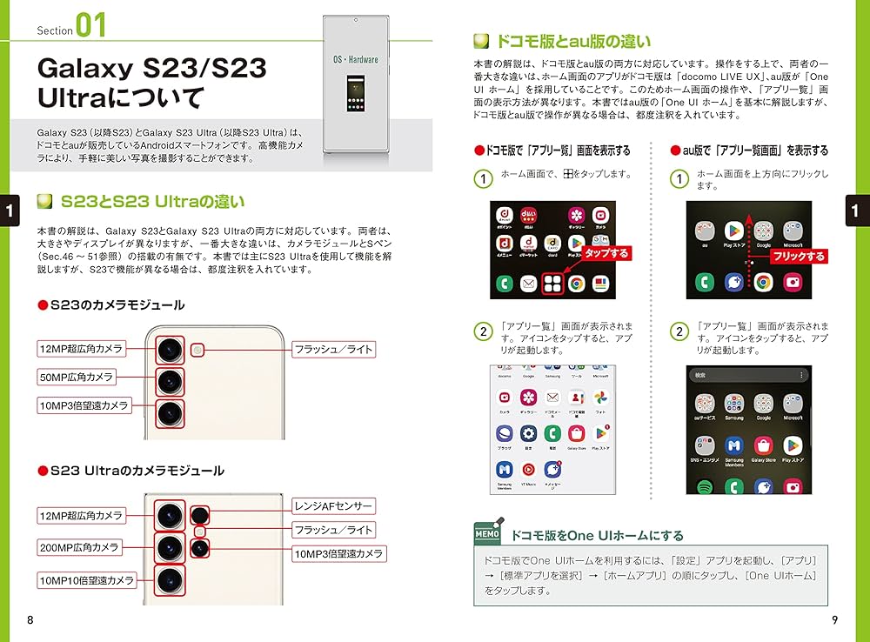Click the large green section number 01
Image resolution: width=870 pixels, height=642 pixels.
(90, 26)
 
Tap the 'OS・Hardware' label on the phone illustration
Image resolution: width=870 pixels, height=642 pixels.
(355, 59)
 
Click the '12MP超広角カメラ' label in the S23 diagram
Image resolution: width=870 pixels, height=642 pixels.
(81, 349)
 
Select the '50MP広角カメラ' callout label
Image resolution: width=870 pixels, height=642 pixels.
(76, 377)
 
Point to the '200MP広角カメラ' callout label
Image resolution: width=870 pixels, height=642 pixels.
(79, 547)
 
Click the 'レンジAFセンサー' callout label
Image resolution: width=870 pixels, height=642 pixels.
(333, 505)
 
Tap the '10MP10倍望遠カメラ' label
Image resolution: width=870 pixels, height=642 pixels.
(85, 579)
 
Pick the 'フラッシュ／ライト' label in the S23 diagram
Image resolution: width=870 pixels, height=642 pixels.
(333, 350)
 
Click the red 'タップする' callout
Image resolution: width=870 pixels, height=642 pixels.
(606, 253)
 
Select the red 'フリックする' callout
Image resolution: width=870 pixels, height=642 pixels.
(799, 257)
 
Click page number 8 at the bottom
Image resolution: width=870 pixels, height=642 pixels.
(30, 619)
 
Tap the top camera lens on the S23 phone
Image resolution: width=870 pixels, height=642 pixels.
(169, 351)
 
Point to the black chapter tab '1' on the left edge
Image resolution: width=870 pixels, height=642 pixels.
(10, 210)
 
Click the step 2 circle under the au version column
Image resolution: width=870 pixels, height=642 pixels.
(679, 331)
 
